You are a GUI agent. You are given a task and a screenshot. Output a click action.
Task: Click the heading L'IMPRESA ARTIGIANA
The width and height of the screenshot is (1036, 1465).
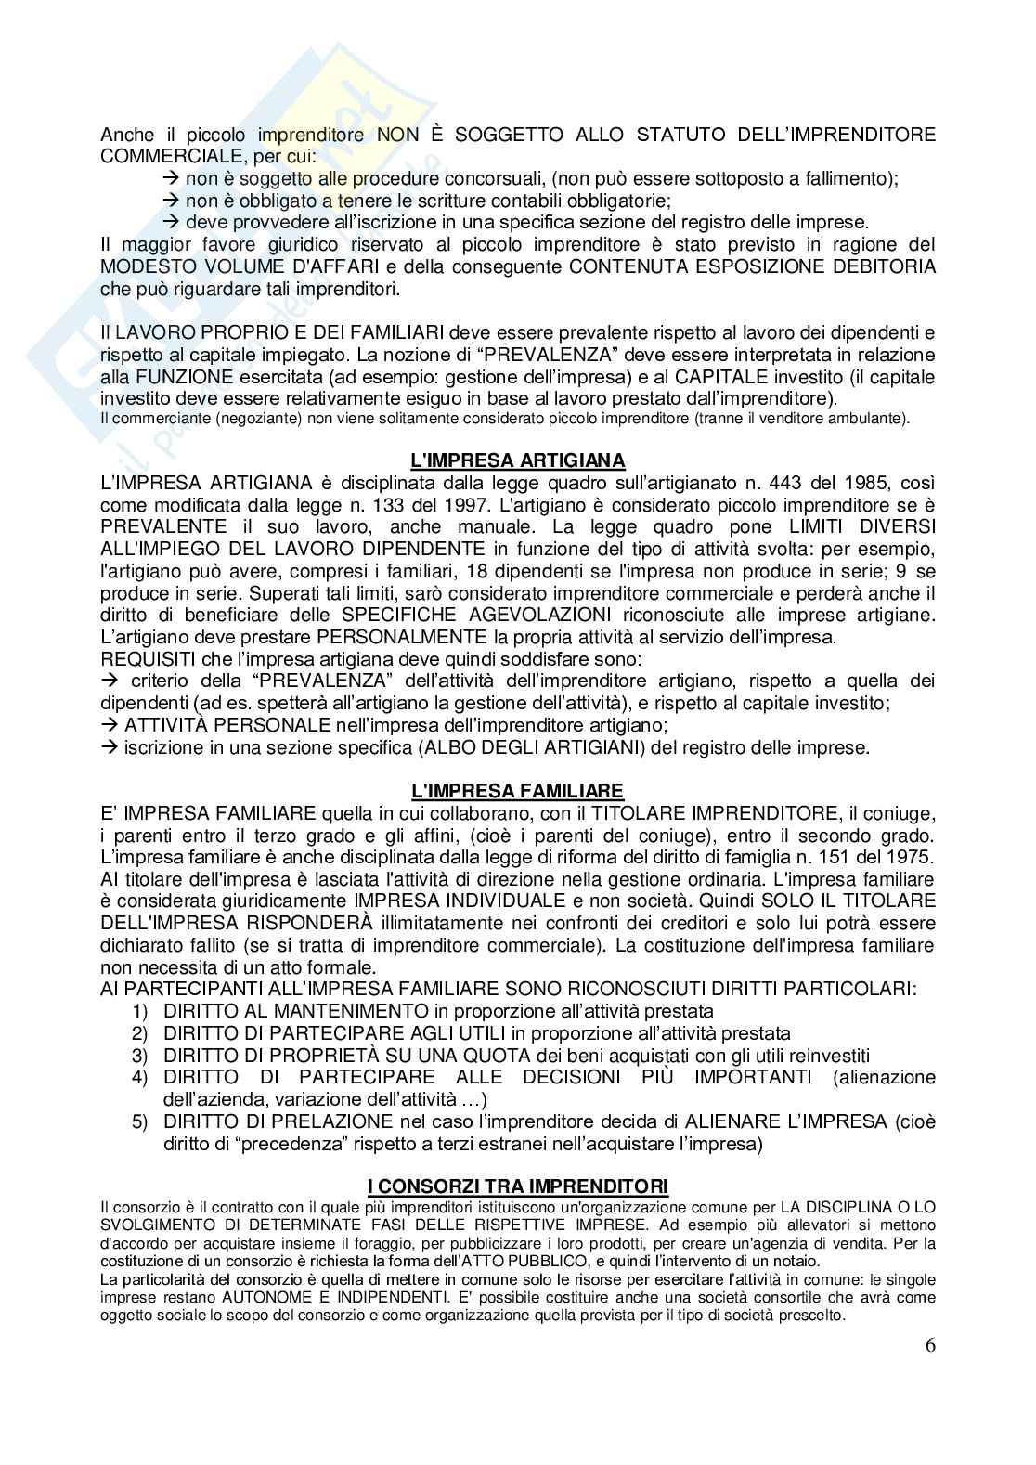click(x=518, y=460)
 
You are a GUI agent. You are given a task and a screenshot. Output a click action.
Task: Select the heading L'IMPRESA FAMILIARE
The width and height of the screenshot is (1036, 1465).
click(x=518, y=791)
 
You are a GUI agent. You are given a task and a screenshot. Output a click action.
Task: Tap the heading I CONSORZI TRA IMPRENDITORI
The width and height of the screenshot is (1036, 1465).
click(x=518, y=1186)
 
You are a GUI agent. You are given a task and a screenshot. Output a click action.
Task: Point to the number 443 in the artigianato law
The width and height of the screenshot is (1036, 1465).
click(x=810, y=483)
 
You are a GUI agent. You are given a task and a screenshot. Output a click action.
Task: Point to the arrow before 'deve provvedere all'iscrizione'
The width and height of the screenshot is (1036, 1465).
click(x=170, y=223)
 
